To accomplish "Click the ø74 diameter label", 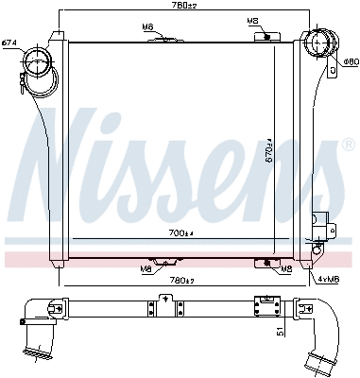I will click(9, 43).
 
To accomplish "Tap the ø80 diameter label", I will click(349, 61).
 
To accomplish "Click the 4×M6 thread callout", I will click(328, 278).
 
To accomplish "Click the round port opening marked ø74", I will click(40, 65).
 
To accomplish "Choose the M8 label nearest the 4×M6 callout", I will click(286, 269).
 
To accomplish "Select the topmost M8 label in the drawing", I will click(252, 20).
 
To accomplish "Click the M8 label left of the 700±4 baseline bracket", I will click(146, 269).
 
